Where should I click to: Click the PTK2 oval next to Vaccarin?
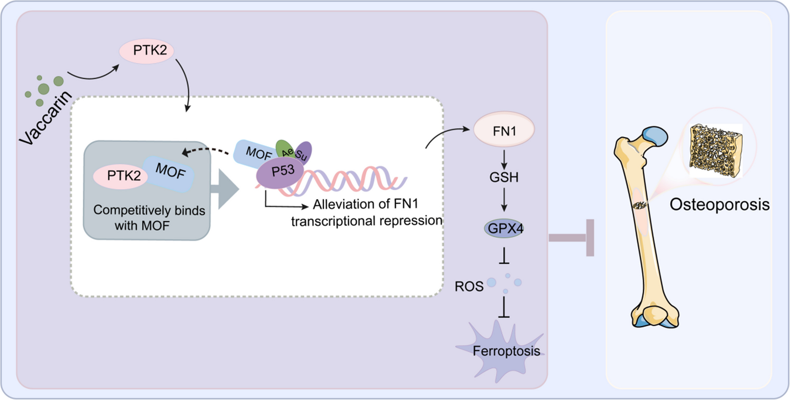tap(146, 51)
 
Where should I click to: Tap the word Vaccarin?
tap(46, 118)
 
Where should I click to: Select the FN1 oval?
tap(504, 130)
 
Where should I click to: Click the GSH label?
tap(504, 177)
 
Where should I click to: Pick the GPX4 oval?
tap(504, 229)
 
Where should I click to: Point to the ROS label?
tap(469, 287)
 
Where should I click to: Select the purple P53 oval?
tap(280, 172)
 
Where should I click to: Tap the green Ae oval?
tap(285, 149)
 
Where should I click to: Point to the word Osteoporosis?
tap(719, 205)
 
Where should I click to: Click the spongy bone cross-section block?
tap(715, 150)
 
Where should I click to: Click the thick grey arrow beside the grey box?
tap(224, 189)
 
